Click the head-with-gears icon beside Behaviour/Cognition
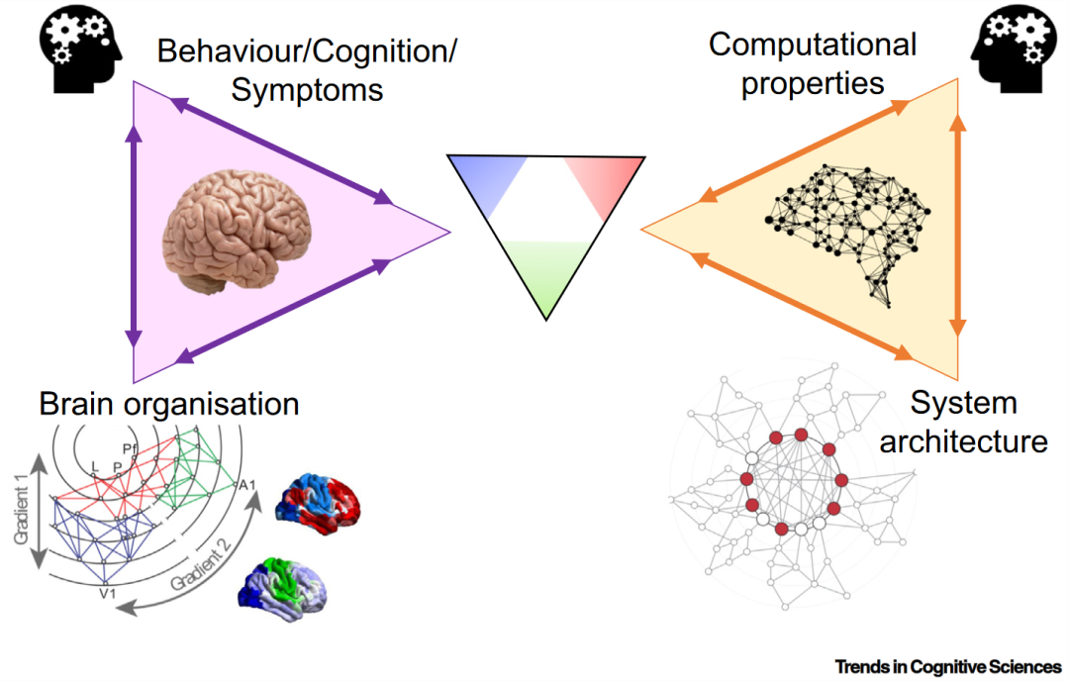click(x=79, y=46)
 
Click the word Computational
click(x=813, y=45)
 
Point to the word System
click(x=963, y=403)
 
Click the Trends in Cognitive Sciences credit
click(x=947, y=665)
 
